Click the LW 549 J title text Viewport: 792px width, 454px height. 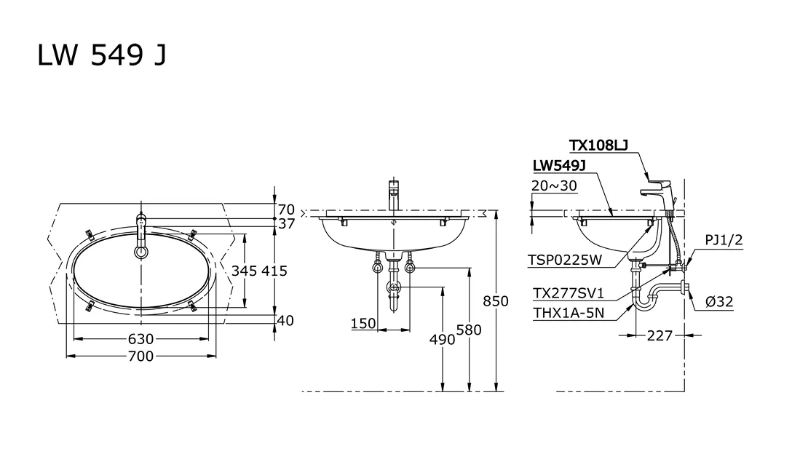(102, 55)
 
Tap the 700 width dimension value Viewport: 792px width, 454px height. (141, 357)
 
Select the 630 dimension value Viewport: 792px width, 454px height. (141, 339)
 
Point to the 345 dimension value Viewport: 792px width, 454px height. (245, 271)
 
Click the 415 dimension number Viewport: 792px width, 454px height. (274, 271)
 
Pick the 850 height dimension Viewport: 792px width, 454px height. (496, 301)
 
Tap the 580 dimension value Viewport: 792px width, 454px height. (469, 330)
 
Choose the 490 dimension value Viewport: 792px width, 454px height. (443, 340)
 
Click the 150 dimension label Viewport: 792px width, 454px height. (364, 324)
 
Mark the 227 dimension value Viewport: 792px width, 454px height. (660, 336)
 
